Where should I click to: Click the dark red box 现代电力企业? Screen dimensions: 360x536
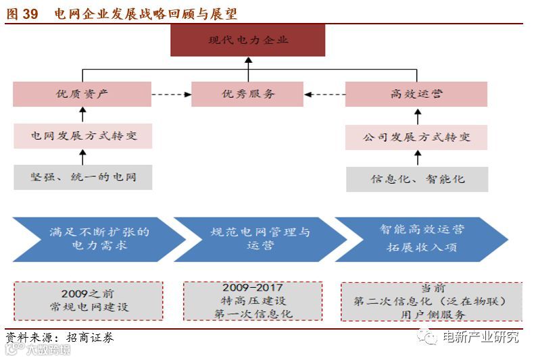(x=247, y=41)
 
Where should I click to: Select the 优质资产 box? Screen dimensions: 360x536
(x=82, y=95)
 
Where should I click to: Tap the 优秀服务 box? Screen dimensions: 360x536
(x=247, y=95)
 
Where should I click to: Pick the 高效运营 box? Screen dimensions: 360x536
(x=416, y=95)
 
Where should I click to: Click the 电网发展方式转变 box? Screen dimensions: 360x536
(x=82, y=136)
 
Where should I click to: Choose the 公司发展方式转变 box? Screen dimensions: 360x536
(x=416, y=137)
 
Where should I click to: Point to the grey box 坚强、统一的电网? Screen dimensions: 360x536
(x=82, y=177)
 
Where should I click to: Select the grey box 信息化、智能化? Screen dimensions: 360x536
(x=416, y=179)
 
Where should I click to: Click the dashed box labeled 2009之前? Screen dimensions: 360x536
(x=89, y=301)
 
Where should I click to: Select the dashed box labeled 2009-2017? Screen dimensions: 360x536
(x=252, y=301)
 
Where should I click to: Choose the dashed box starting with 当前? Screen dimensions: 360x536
(x=431, y=301)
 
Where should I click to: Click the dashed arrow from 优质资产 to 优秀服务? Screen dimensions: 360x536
(x=172, y=95)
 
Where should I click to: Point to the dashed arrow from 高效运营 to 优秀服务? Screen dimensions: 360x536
(x=324, y=95)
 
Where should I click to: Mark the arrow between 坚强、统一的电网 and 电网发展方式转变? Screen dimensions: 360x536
(x=82, y=157)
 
